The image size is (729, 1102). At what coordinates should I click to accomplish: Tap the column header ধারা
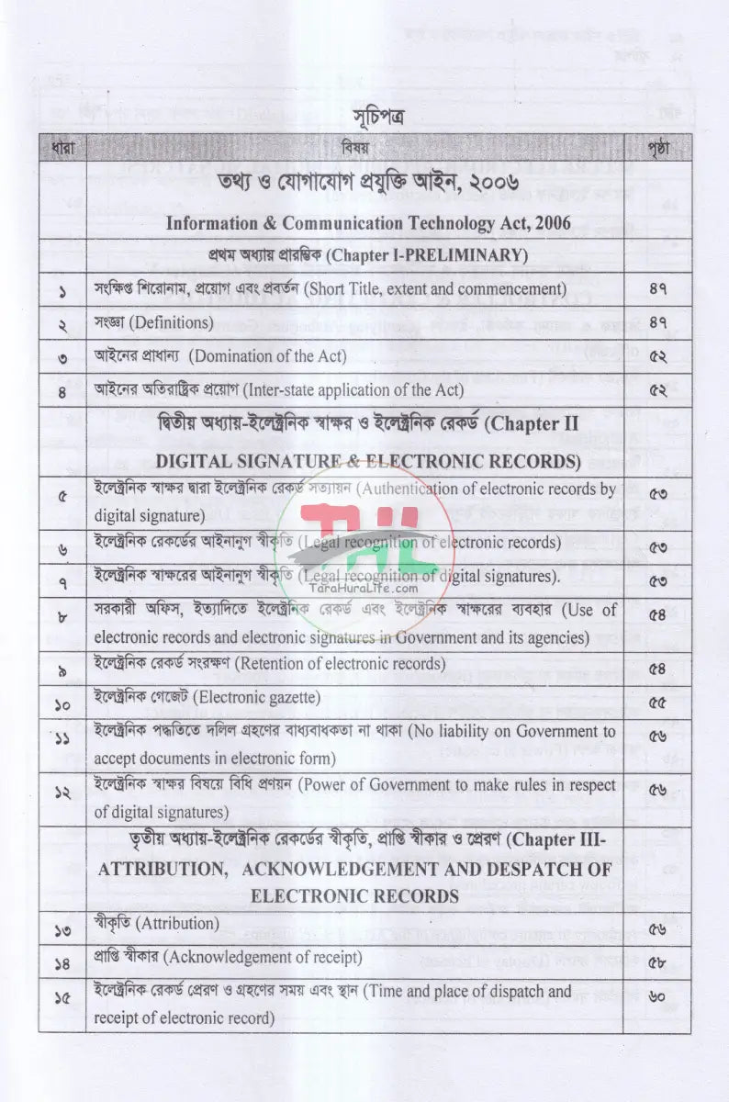point(62,147)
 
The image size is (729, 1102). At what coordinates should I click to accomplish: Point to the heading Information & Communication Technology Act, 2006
point(368,223)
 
